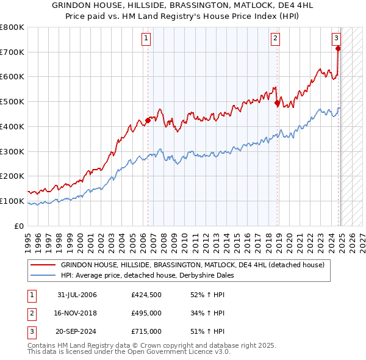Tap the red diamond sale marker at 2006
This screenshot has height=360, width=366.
pyautogui.click(x=148, y=121)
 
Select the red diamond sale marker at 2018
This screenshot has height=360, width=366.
pyautogui.click(x=277, y=103)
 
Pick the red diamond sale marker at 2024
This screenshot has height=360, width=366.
pyautogui.click(x=338, y=48)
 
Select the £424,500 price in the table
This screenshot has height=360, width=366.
pyautogui.click(x=146, y=295)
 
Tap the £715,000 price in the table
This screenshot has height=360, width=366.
pyautogui.click(x=146, y=331)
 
